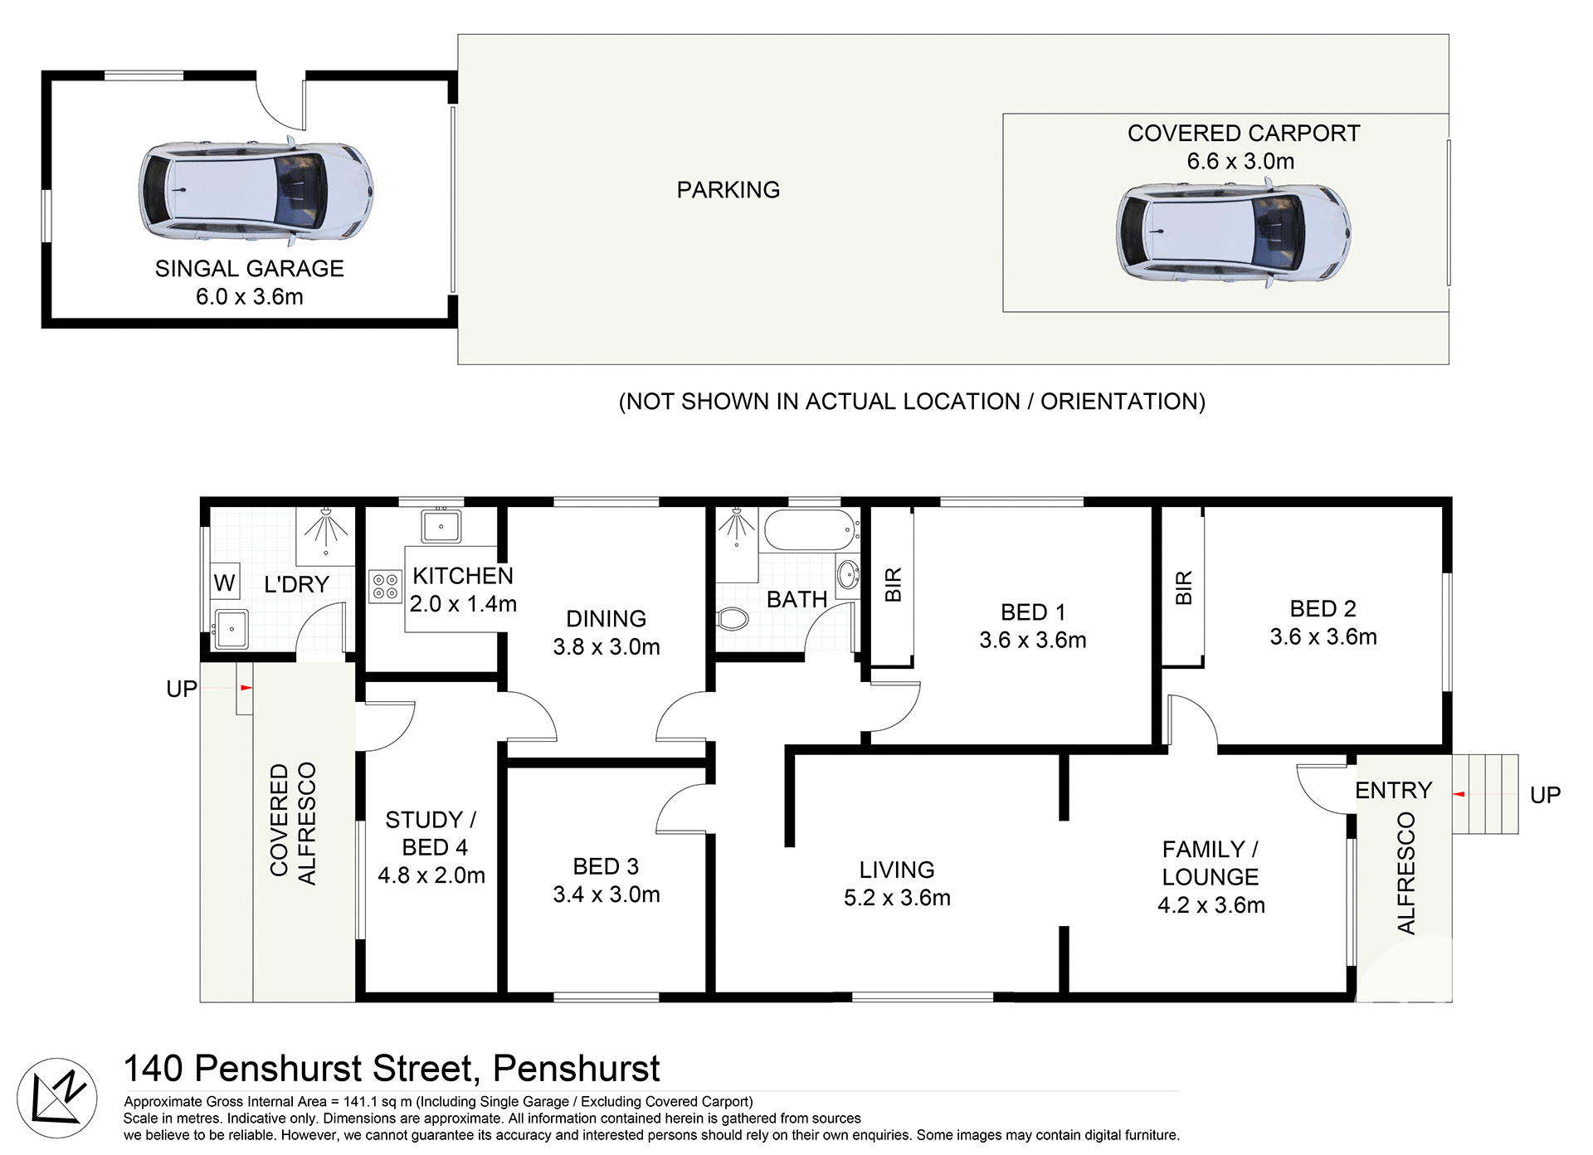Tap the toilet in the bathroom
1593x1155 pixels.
tap(732, 618)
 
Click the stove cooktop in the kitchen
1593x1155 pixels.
tap(385, 586)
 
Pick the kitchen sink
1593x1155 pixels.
tap(442, 526)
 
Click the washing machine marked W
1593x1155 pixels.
tap(224, 582)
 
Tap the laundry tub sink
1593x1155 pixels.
tap(231, 628)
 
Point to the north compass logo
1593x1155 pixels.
tap(56, 1098)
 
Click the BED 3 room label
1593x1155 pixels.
tap(606, 867)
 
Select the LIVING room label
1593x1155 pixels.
tap(896, 870)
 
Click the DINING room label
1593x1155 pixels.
tap(606, 619)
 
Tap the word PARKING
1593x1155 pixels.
tap(728, 190)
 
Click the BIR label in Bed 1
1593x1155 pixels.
tap(893, 584)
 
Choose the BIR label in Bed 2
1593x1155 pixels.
tap(1184, 587)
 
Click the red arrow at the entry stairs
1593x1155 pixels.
tap(1459, 794)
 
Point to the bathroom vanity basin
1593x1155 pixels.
tap(848, 573)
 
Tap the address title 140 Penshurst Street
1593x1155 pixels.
tap(392, 1069)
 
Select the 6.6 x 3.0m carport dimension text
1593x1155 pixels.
tap(1240, 161)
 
